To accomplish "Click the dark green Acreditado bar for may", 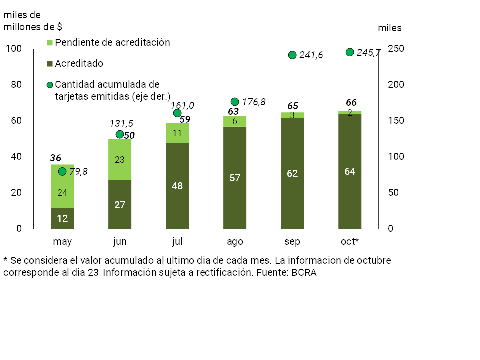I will click(62, 218).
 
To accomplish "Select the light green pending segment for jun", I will click(120, 160).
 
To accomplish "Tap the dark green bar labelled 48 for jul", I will click(177, 186).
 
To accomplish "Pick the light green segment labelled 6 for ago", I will click(235, 121).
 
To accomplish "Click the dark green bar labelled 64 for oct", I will click(350, 171).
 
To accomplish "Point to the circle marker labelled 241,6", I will click(293, 55).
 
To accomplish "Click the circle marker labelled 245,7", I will click(350, 52).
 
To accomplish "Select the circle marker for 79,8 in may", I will click(62, 172).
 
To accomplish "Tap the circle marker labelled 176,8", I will click(235, 102).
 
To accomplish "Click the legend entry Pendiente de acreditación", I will click(112, 43).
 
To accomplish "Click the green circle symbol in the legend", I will click(50, 85).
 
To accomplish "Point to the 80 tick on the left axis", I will click(16, 85).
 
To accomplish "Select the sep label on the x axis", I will click(292, 242).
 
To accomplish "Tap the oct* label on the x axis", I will click(350, 242).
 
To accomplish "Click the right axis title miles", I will click(390, 28).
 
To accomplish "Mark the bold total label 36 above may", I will click(56, 158).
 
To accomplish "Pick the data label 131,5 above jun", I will click(121, 124).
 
